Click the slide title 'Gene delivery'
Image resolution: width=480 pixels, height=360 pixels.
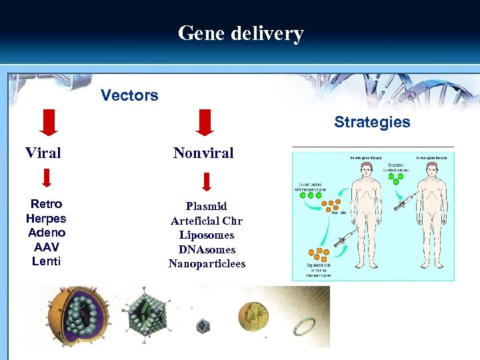tap(240, 33)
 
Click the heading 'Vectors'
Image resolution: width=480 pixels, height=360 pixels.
tap(129, 95)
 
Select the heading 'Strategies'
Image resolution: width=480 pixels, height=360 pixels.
tap(372, 122)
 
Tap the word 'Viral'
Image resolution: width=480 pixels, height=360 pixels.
tap(43, 153)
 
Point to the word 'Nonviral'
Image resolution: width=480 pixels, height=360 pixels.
tap(203, 153)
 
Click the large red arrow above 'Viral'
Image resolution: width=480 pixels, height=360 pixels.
tap(45, 123)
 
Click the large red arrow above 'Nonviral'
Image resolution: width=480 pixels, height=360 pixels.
tap(205, 123)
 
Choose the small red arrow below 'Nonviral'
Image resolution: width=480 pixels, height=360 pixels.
tap(207, 182)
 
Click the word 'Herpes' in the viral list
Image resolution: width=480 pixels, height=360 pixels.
tap(46, 219)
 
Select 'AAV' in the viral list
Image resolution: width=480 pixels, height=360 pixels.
tap(46, 247)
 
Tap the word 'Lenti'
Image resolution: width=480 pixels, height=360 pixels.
tap(46, 261)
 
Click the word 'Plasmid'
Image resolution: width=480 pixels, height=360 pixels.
tap(207, 206)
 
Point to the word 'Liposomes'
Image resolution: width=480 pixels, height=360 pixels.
tap(207, 235)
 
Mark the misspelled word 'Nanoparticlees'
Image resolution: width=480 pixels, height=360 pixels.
tap(207, 264)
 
